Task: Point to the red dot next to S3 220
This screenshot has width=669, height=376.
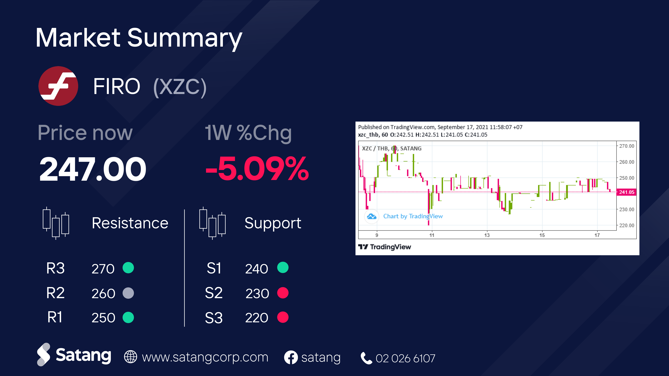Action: pos(283,317)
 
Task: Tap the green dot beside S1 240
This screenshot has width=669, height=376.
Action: pos(283,267)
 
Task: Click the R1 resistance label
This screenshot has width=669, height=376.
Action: pos(55,317)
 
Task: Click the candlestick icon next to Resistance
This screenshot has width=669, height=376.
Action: pos(56,223)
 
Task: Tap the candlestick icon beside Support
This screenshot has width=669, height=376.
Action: pos(212,223)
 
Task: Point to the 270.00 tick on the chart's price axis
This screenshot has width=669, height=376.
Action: pos(626,146)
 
